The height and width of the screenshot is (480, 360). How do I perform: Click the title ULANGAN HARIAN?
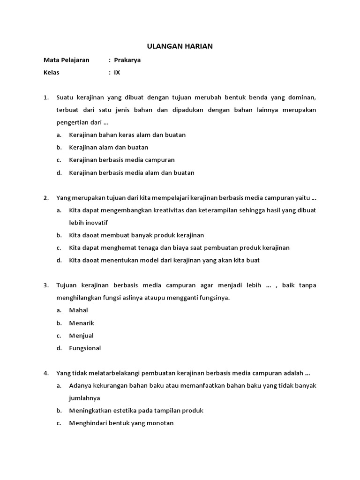coord(180,46)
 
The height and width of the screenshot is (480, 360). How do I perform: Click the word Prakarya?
coord(127,60)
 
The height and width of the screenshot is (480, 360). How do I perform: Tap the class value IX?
coord(117,73)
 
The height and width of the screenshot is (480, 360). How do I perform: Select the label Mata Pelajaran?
coord(66,60)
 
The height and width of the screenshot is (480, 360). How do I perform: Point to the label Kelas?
coord(52,73)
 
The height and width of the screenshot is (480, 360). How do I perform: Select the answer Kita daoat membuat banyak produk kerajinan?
coord(136,235)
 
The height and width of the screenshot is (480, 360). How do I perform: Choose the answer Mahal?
coord(78,310)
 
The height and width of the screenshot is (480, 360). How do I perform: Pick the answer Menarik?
coord(82,323)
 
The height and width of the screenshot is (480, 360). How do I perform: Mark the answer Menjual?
coord(81,336)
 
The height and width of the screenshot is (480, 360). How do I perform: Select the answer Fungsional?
coord(85,348)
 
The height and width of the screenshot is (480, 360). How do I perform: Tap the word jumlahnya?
coord(84,398)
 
